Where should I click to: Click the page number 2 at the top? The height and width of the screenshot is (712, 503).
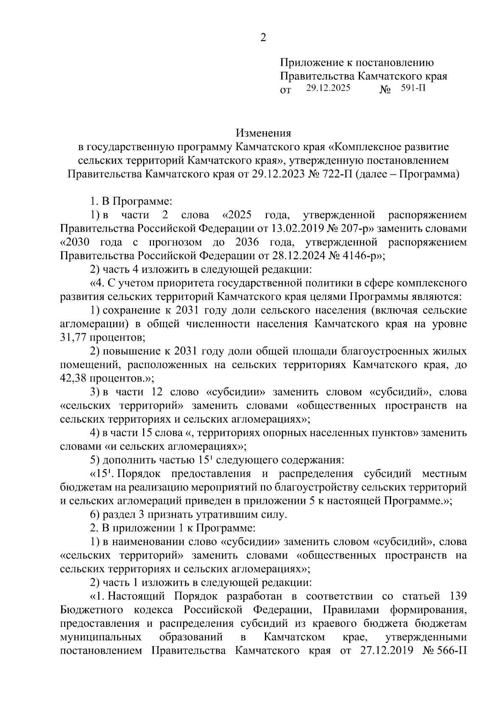click(x=263, y=38)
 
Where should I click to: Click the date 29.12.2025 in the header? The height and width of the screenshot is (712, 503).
click(x=328, y=88)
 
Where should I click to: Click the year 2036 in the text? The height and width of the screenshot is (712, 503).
click(x=248, y=242)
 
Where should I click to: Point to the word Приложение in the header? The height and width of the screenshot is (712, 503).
click(x=310, y=63)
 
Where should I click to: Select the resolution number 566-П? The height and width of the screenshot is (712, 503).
click(x=451, y=651)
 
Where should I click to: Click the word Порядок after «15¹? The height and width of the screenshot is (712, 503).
click(x=145, y=474)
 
